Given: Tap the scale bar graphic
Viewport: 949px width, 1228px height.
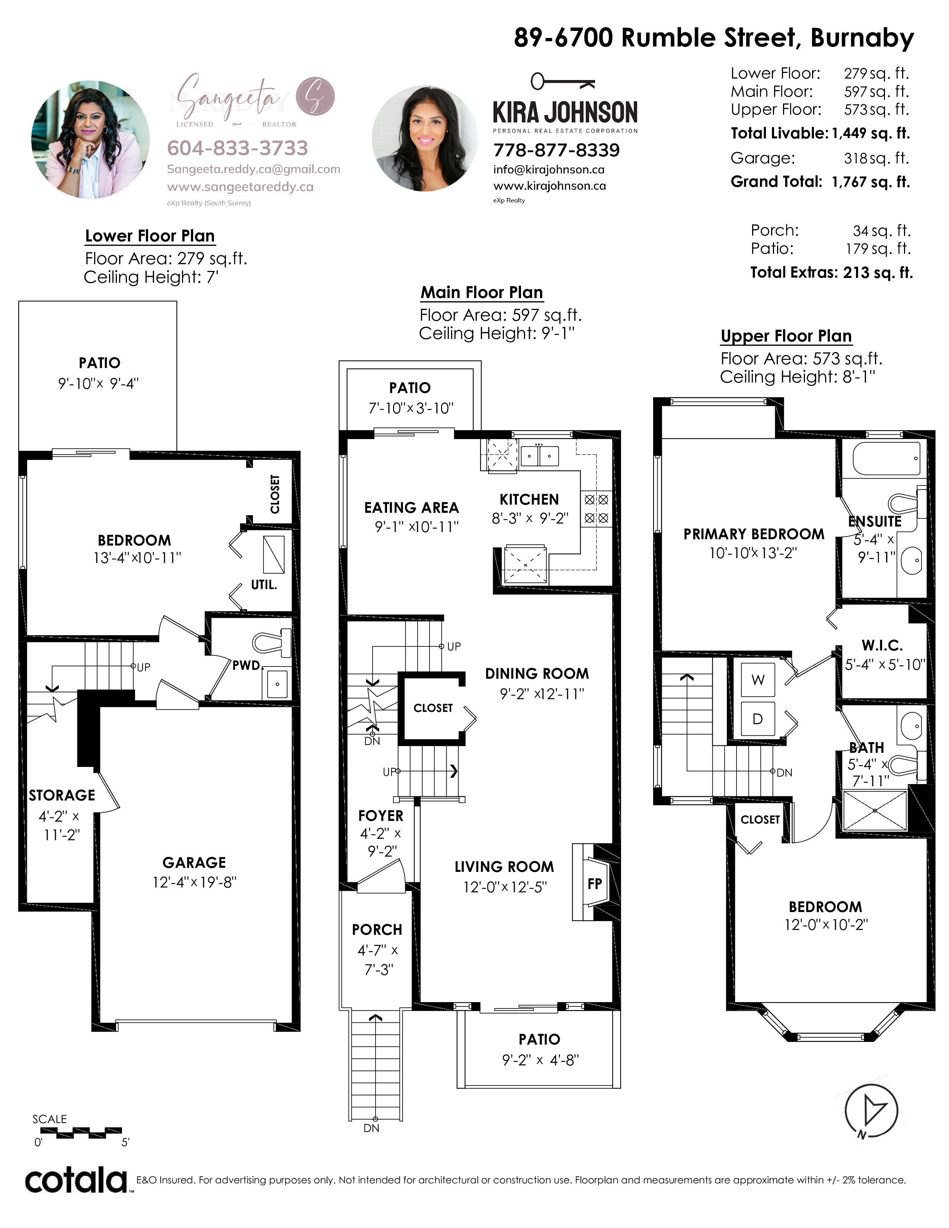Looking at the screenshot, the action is (81, 1131).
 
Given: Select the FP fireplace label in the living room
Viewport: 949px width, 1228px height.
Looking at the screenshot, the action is (594, 883).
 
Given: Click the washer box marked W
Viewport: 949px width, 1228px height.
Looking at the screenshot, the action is (758, 680).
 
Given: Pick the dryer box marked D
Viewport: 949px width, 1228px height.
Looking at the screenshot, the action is (758, 719).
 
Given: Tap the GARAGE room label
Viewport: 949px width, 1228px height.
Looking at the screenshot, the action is (194, 863).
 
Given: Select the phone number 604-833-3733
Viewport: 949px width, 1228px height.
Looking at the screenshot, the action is (238, 148).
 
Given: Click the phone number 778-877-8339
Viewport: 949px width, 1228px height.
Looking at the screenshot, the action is (557, 150).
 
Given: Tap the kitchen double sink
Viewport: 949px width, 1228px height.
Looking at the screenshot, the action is (539, 455).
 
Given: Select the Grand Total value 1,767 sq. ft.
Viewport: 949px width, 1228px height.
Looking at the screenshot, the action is (871, 182).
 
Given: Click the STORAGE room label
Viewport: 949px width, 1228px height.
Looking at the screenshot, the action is (62, 795).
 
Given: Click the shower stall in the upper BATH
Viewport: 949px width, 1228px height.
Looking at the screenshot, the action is (875, 810).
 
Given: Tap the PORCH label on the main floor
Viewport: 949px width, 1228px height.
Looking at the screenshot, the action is (377, 930).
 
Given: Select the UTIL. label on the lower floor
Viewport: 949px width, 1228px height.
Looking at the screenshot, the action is (264, 585).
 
